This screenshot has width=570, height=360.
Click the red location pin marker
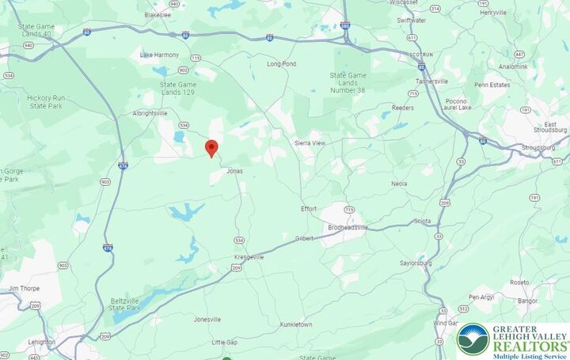211,148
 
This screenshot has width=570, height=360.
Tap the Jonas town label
234,171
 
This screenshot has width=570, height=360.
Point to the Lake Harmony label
159,55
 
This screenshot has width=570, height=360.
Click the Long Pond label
281,63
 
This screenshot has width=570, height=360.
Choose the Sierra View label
310,143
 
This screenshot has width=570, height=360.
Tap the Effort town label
309,209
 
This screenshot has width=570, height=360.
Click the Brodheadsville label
348,227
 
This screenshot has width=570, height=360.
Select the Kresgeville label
249,257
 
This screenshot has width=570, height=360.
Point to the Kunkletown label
296,324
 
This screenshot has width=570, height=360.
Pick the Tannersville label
432,81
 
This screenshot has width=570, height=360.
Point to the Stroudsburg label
539,147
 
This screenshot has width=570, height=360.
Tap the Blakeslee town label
158,14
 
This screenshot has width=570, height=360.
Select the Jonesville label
207,320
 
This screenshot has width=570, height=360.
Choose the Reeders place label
403,107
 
